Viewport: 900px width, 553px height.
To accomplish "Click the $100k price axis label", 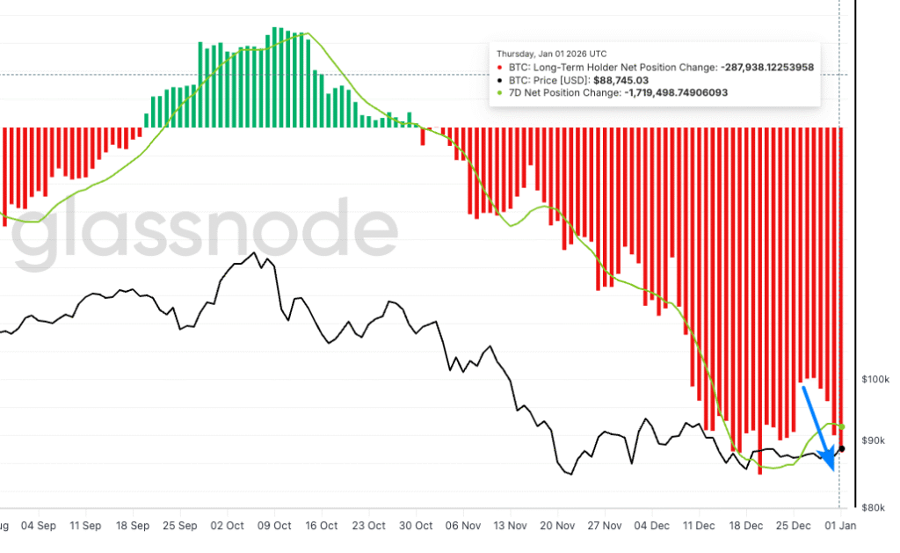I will coord(876,379).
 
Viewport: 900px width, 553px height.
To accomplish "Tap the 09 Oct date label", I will coord(273,526).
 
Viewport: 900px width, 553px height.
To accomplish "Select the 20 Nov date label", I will coord(558,526).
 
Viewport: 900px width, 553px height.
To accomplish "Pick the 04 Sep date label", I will coord(38,526).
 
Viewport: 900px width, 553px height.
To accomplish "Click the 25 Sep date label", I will coord(179,526).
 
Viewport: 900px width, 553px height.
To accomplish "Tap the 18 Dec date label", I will coord(746,526).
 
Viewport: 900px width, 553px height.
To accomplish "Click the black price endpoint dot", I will coord(841,448).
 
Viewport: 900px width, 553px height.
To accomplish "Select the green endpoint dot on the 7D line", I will coord(842,426).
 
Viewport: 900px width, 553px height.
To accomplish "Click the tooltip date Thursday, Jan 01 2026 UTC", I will coord(551,54).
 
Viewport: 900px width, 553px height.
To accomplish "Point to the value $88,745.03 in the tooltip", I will coord(622,79).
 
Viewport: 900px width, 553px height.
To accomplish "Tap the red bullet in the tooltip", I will coord(500,67).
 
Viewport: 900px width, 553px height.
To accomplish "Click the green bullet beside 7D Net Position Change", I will coord(500,92).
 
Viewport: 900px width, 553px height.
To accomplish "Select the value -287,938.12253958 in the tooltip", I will coord(766,67).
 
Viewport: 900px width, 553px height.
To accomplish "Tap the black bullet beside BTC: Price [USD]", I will coord(500,79).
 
